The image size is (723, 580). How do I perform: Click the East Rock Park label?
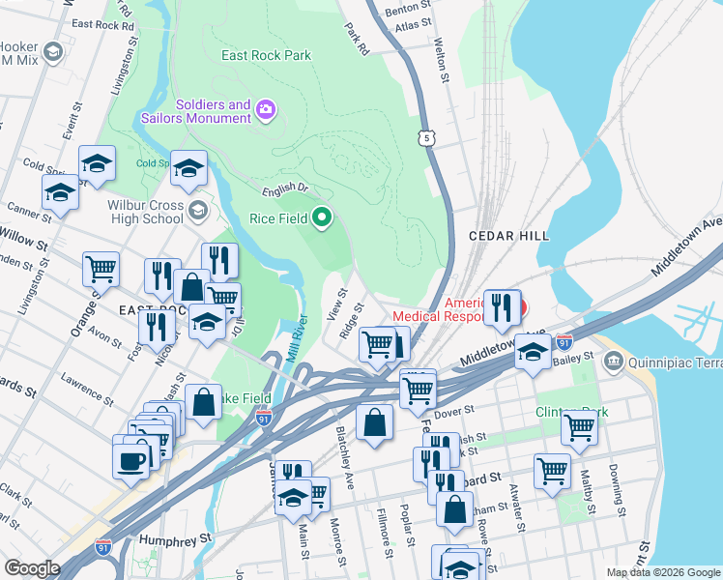pos(266,55)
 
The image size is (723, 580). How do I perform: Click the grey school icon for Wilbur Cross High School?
pos(197,210)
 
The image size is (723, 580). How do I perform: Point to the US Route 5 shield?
pos(427,138)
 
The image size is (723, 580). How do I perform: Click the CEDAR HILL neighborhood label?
pos(508,236)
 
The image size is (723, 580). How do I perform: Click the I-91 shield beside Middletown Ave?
pos(565,342)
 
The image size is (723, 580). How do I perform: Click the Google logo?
pos(32,567)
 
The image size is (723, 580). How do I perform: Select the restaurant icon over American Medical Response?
pos(502,307)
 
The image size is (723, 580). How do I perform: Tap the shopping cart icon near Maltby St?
pos(579,426)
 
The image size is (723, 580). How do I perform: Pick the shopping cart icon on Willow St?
pos(101,270)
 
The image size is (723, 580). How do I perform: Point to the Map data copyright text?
pos(662,572)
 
